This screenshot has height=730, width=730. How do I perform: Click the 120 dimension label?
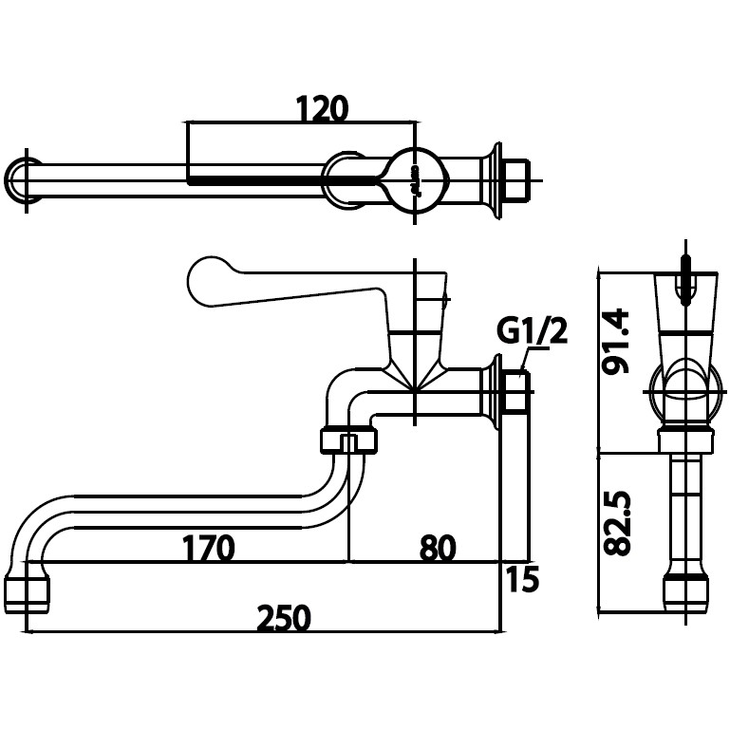click(322, 109)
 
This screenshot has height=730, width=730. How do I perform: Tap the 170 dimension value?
click(208, 548)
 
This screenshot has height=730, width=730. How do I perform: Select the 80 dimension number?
click(438, 548)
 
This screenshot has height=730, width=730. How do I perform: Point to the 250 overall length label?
click(284, 618)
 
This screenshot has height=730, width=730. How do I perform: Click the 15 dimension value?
click(522, 579)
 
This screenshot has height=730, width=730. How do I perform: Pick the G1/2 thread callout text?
click(533, 331)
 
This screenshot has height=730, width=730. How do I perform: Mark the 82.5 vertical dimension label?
click(616, 523)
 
